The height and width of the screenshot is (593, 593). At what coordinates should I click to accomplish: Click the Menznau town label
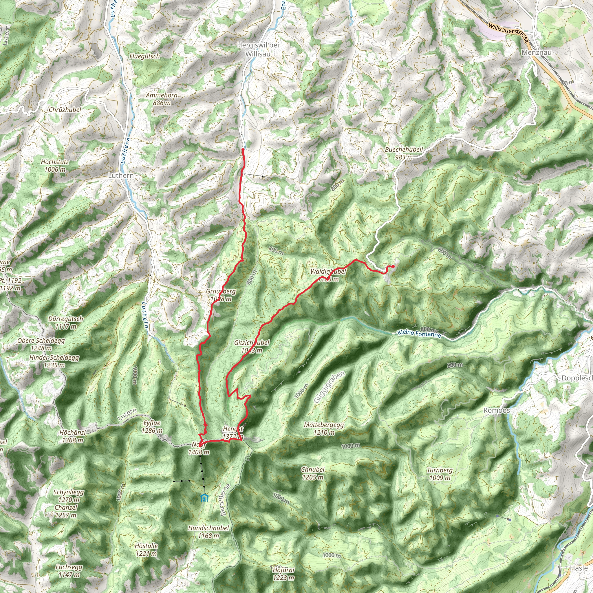[537, 52]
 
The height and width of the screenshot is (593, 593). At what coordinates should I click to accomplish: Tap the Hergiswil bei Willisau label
[258, 50]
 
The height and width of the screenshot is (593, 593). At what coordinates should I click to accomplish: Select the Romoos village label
[496, 410]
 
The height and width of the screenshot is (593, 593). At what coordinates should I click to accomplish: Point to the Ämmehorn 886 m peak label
[162, 99]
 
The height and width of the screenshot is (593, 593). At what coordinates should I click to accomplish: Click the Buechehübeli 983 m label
[404, 153]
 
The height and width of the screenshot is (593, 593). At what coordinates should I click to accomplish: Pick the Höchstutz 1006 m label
[55, 165]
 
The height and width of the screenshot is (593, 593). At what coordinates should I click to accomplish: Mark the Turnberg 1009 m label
[440, 474]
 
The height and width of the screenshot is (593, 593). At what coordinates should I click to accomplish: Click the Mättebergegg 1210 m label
[324, 429]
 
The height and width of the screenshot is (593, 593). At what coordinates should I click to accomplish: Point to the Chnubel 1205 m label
[312, 473]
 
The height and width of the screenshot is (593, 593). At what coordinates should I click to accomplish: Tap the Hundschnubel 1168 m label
[208, 532]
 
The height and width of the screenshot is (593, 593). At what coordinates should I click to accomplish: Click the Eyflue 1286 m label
[152, 427]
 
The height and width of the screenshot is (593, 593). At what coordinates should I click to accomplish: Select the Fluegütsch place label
[144, 56]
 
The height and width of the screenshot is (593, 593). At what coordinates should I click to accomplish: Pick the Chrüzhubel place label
[65, 109]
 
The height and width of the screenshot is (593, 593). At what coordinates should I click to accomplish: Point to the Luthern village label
[121, 175]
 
